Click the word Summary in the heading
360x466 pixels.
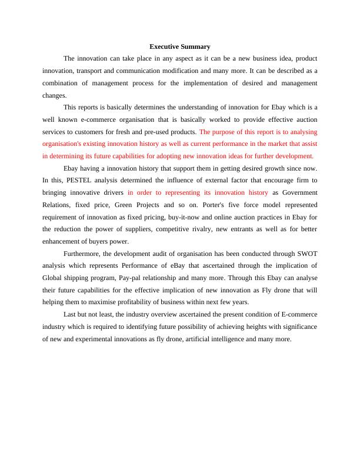[x=196, y=46]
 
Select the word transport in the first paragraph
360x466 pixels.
[x=89, y=71]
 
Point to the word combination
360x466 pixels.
[x=64, y=83]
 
